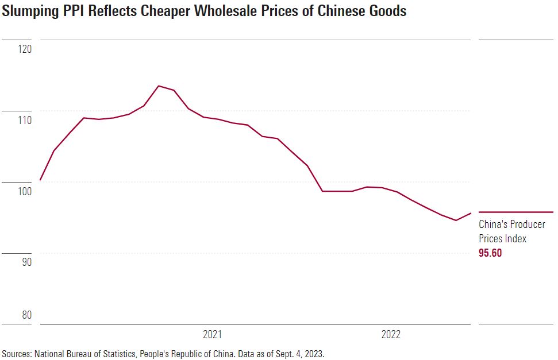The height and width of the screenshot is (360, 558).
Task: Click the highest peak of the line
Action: point(159,86)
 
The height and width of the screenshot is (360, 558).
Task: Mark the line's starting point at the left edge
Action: point(40,180)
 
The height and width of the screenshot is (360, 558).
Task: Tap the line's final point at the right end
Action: point(471,213)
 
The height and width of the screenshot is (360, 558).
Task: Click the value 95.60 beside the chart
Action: point(490,253)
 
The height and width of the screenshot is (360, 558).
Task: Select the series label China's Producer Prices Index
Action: point(503,231)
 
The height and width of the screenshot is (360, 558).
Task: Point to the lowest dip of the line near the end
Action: point(456,220)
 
